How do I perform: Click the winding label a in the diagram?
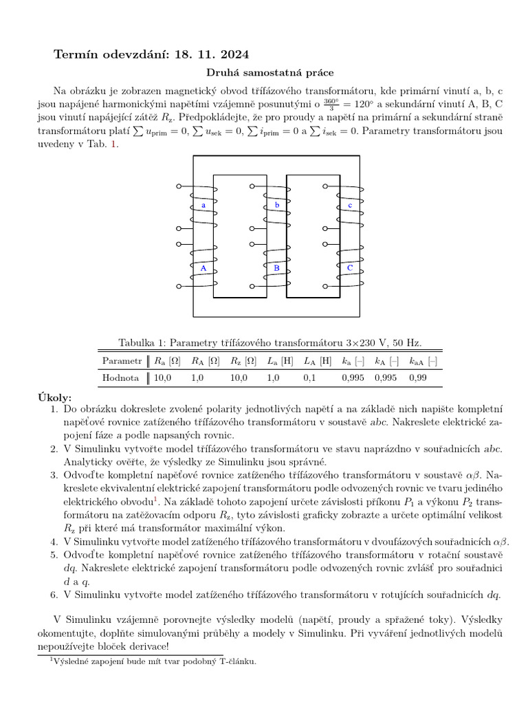click(x=203, y=206)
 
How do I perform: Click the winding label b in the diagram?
click(x=276, y=206)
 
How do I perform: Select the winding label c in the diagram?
click(x=350, y=206)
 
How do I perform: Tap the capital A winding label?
click(x=203, y=267)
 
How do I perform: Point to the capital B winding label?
click(x=276, y=267)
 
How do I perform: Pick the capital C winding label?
click(x=350, y=267)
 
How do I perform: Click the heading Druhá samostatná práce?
click(x=264, y=72)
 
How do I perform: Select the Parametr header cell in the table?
click(x=122, y=361)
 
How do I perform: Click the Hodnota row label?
click(x=120, y=377)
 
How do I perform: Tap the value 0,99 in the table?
click(x=418, y=377)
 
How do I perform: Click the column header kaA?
click(x=423, y=361)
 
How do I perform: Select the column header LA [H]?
click(x=317, y=361)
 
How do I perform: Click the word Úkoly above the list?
click(x=55, y=398)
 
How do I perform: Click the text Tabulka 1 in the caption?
click(x=141, y=342)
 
